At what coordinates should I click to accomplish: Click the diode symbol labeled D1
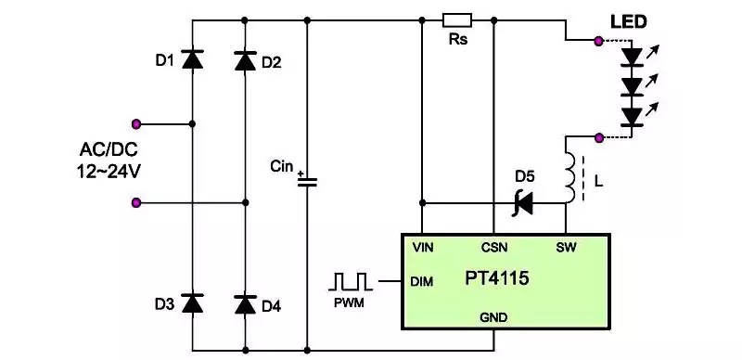(193, 59)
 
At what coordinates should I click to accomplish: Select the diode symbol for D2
(245, 60)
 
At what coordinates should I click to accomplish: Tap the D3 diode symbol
(193, 302)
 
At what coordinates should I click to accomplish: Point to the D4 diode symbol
(245, 304)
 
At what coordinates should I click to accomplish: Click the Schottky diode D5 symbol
(522, 204)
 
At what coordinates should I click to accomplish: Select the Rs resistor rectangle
(457, 20)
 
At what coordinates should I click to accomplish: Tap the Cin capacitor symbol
(307, 182)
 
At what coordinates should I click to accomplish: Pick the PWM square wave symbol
(351, 281)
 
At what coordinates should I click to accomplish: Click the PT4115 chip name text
(496, 278)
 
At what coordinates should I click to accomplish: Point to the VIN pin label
(423, 247)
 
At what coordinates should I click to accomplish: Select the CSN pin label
(494, 247)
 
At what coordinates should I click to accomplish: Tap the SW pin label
(566, 247)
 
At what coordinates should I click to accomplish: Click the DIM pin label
(422, 282)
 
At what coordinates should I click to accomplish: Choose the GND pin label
(493, 317)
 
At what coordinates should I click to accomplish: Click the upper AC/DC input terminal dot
(136, 124)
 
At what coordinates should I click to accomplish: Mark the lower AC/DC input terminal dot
(136, 203)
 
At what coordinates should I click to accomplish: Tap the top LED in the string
(632, 57)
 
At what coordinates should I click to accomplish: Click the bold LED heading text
(628, 22)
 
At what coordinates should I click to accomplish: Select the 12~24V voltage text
(109, 172)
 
